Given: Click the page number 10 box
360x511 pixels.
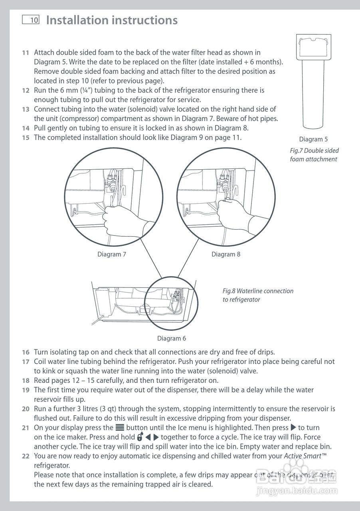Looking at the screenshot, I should pyautogui.click(x=31, y=20).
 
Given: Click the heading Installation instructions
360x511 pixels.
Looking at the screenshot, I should pyautogui.click(x=112, y=20).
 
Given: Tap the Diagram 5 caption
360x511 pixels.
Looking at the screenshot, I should pyautogui.click(x=313, y=139).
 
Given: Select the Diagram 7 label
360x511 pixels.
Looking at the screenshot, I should pyautogui.click(x=112, y=254).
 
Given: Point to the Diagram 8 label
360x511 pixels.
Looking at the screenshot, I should pyautogui.click(x=226, y=254).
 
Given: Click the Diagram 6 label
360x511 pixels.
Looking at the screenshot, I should pyautogui.click(x=172, y=339).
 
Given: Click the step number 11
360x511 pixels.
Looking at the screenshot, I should pyautogui.click(x=26, y=53).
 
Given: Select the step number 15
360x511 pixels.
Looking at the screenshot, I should pyautogui.click(x=26, y=138).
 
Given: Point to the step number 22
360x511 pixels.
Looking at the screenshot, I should pyautogui.click(x=26, y=456).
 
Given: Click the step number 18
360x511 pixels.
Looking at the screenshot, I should pyautogui.click(x=26, y=380).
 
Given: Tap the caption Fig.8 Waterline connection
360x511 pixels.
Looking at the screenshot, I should pyautogui.click(x=258, y=291).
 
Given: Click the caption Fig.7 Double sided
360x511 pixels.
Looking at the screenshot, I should pyautogui.click(x=314, y=151).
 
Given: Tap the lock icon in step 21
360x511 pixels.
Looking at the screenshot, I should pyautogui.click(x=139, y=437).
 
